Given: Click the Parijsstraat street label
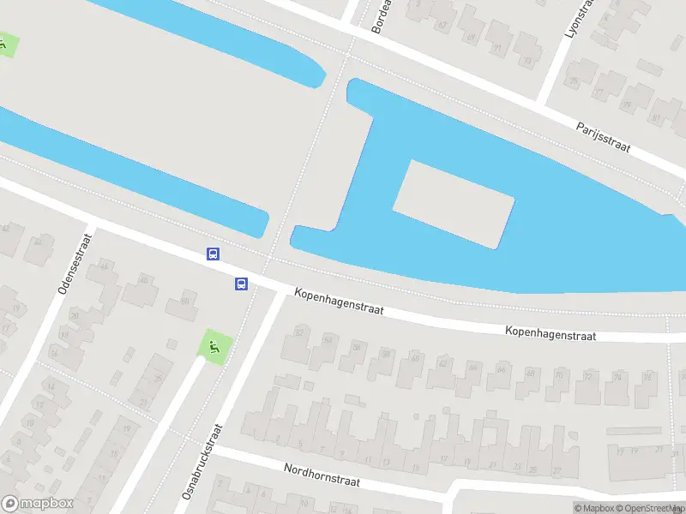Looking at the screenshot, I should (x=603, y=135).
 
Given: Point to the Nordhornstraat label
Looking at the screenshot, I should (x=322, y=475).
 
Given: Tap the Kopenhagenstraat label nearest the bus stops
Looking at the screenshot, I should (x=339, y=300).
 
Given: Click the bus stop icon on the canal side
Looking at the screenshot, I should (x=213, y=254).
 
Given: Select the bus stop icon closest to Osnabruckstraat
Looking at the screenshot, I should (x=241, y=284).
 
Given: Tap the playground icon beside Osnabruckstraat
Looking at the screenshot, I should (x=214, y=346).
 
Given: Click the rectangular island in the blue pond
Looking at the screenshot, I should (x=454, y=204).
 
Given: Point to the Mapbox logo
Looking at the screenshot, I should (x=38, y=504).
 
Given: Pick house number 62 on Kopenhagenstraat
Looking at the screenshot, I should (x=442, y=363).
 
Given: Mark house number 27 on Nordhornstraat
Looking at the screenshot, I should (x=557, y=470).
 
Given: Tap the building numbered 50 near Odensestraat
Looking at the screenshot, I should (x=184, y=302).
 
